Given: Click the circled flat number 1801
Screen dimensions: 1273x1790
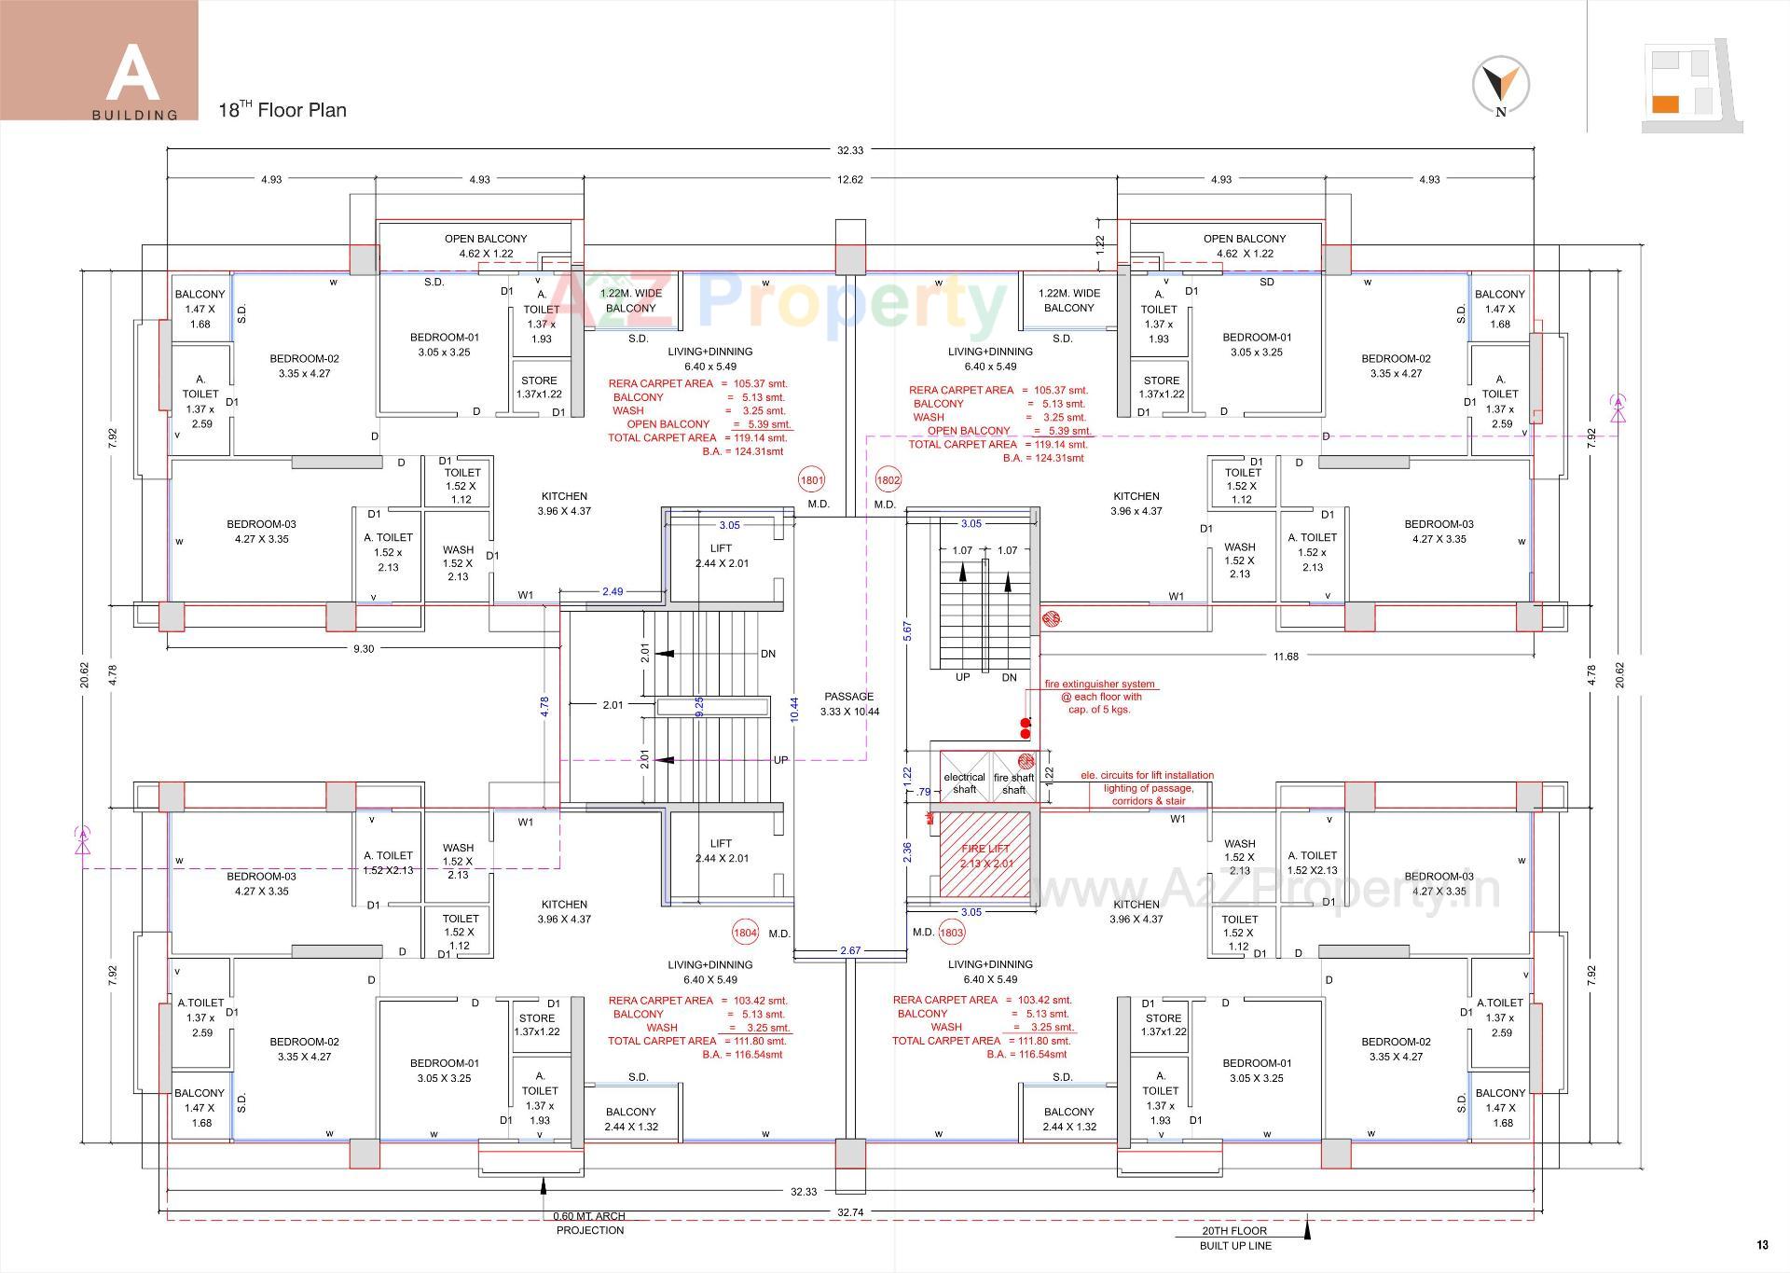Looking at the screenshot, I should pyautogui.click(x=811, y=480).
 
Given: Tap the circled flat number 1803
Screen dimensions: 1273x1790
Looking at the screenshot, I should pyautogui.click(x=952, y=932).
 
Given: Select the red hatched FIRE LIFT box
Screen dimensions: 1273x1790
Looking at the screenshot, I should pyautogui.click(x=986, y=855).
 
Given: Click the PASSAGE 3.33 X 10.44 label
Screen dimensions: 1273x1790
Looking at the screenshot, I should pyautogui.click(x=849, y=704).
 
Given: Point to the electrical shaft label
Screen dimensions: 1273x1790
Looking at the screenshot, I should pyautogui.click(x=964, y=783).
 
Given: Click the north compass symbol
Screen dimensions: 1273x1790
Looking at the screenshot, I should pyautogui.click(x=1501, y=84).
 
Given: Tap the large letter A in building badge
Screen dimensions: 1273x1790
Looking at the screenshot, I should pyautogui.click(x=133, y=72).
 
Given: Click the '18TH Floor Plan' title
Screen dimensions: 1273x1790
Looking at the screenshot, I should pyautogui.click(x=282, y=110).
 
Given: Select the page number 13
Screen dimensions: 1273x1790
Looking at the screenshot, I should pyautogui.click(x=1762, y=1245).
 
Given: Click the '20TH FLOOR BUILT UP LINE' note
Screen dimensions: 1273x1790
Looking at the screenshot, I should pyautogui.click(x=1234, y=1238).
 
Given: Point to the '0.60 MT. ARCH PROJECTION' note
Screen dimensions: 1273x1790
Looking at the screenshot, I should pyautogui.click(x=589, y=1223).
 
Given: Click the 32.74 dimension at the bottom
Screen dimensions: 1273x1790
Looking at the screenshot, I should pyautogui.click(x=849, y=1212).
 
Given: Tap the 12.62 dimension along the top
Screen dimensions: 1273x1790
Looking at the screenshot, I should pyautogui.click(x=850, y=179).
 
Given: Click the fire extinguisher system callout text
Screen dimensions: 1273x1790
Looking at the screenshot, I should pyautogui.click(x=1099, y=697).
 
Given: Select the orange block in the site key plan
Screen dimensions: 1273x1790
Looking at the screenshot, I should pyautogui.click(x=1665, y=104).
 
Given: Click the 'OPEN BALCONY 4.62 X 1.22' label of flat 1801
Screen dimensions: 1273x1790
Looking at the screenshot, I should pyautogui.click(x=486, y=246).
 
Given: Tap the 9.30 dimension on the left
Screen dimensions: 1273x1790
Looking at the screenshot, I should pyautogui.click(x=364, y=649).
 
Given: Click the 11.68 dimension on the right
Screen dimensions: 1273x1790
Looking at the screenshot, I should pyautogui.click(x=1286, y=657).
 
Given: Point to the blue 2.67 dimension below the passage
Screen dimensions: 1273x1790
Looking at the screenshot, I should pyautogui.click(x=850, y=950).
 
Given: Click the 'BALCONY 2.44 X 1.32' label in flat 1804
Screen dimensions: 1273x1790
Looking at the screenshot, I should pyautogui.click(x=631, y=1119).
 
